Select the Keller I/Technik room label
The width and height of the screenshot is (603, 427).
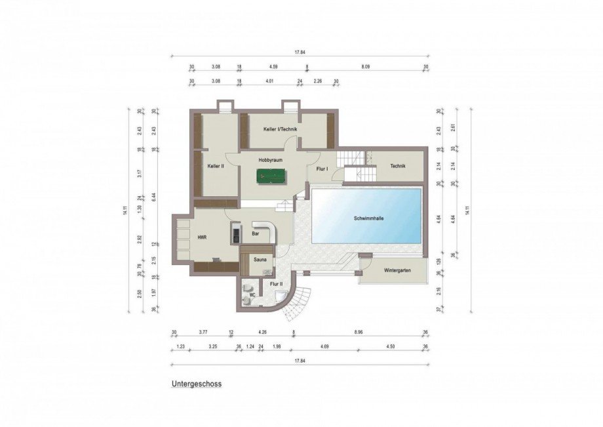[x=281, y=129]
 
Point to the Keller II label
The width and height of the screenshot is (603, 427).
[x=216, y=167]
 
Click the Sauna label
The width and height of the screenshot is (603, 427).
[x=260, y=260]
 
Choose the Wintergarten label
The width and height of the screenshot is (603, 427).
[x=398, y=270]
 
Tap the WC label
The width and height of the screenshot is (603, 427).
[x=250, y=295]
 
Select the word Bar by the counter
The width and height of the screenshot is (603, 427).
[x=255, y=233]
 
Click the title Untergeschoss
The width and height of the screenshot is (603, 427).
[x=197, y=384]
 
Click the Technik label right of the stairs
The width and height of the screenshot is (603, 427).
[x=397, y=166]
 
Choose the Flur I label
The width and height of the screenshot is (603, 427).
[x=322, y=169]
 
